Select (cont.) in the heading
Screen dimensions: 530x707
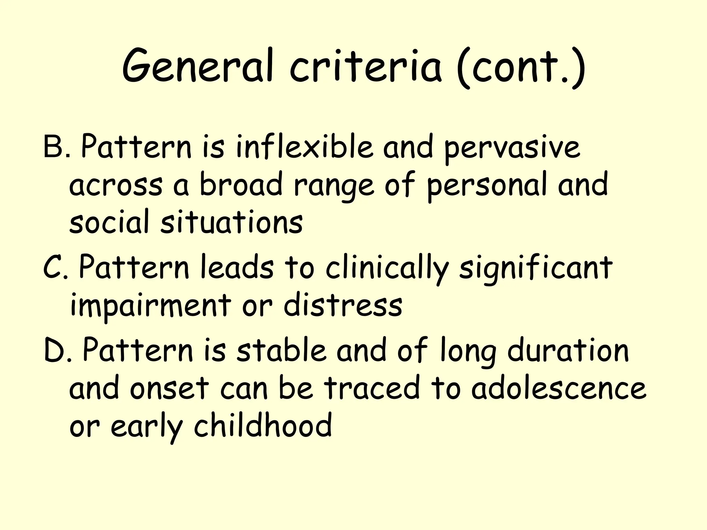520,66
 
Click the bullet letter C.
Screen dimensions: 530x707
54,268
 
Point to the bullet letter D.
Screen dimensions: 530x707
55,351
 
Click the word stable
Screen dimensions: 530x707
281,351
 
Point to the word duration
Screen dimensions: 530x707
568,351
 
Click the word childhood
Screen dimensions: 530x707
263,425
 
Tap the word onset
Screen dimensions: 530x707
170,388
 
